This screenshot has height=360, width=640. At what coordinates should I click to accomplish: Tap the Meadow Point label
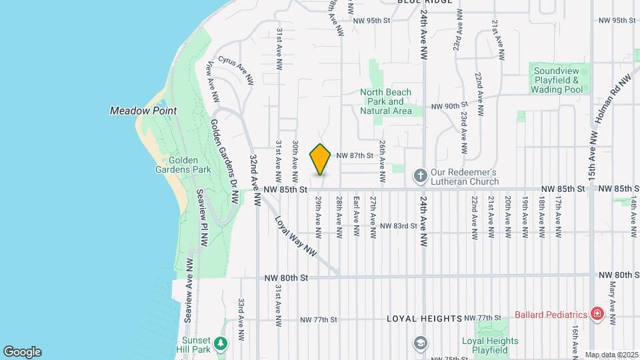[137, 111]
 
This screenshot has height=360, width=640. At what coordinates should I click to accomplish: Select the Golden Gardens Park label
[189, 165]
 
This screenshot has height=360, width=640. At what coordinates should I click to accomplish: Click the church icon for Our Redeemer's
[420, 176]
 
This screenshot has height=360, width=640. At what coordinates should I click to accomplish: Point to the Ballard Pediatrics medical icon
[598, 314]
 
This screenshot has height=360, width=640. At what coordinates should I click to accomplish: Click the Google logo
[22, 352]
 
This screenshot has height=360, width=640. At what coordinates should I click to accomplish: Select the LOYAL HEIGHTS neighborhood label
[424, 319]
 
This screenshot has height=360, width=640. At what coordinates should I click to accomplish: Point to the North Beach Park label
[385, 101]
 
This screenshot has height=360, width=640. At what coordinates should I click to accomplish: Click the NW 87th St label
[353, 155]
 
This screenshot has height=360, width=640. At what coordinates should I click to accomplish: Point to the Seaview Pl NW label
[202, 213]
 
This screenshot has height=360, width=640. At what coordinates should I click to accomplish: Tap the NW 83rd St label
[398, 226]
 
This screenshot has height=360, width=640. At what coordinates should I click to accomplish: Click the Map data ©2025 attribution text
[611, 355]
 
